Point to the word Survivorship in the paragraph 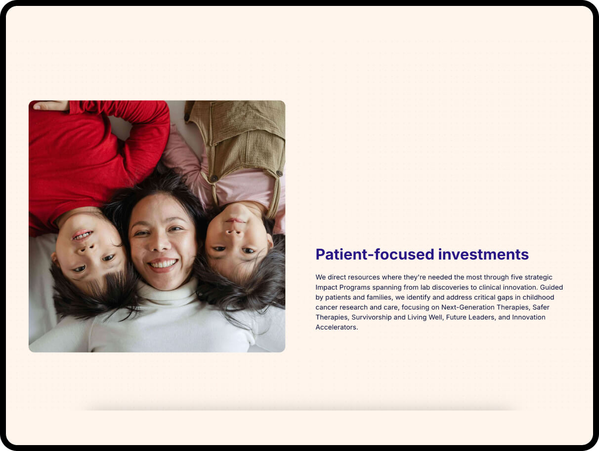click(x=371, y=317)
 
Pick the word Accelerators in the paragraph click(x=336, y=327)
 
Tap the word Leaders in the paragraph click(x=482, y=317)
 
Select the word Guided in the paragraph click(x=552, y=287)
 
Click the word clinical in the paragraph click(x=491, y=287)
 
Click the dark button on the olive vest click(x=214, y=179)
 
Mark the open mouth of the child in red click(x=82, y=235)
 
